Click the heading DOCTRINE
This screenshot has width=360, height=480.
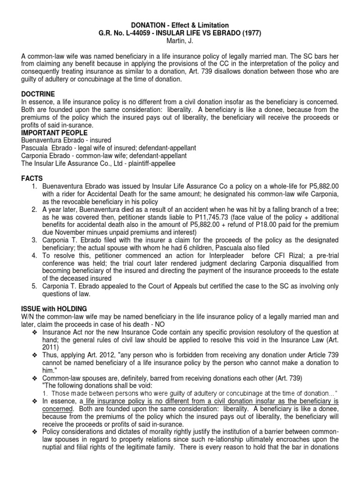coord(38,94)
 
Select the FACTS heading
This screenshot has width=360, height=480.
coord(32,179)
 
